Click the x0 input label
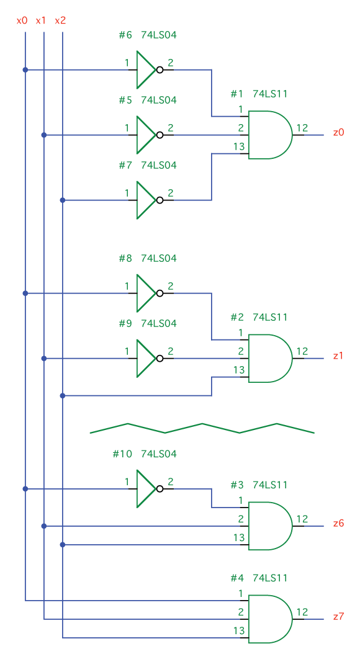22,20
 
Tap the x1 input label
41,20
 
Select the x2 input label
60,20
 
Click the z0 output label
338,132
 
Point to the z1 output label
338,356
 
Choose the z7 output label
338,617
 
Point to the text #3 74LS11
259,485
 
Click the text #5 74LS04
147,100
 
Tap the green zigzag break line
202,428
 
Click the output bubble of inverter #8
160,294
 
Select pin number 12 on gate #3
302,519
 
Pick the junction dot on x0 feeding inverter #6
25,69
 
